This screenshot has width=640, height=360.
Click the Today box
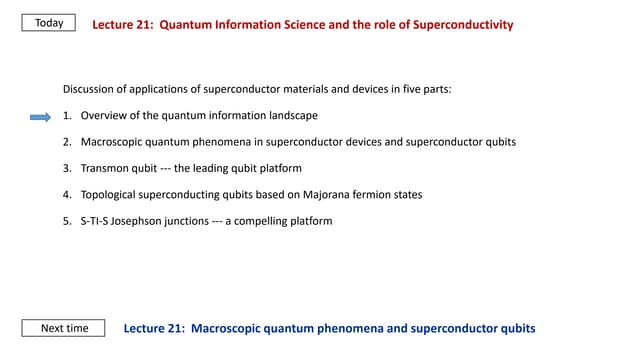click(x=49, y=23)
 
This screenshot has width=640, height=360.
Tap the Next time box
click(x=64, y=328)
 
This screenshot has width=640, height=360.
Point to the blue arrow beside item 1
click(x=40, y=116)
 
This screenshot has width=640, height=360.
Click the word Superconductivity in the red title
click(x=465, y=24)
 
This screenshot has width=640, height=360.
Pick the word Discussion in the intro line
click(x=87, y=89)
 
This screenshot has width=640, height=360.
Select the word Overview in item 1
click(x=104, y=116)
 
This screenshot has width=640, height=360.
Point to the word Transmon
click(x=106, y=168)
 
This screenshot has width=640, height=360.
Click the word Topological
click(x=110, y=194)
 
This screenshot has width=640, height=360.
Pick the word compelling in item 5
click(x=259, y=220)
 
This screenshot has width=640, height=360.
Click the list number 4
click(x=67, y=194)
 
